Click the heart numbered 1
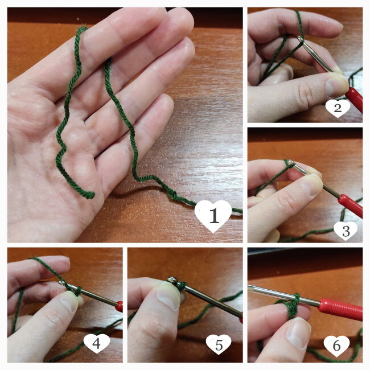coord(213,216)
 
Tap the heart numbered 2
coord(338,108)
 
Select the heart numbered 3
coord(346,231)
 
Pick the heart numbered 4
coord(97,343)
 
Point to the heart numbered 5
coord(219,344)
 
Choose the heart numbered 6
coord(336,346)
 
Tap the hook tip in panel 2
coord(301,39)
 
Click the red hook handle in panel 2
coord(354,98)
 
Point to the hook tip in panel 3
coord(291,162)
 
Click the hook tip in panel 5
coord(172,279)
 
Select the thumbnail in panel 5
coord(168,296)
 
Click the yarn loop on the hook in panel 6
coord(294,306)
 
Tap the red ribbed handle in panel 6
coord(340,309)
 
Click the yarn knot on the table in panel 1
coord(173,195)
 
